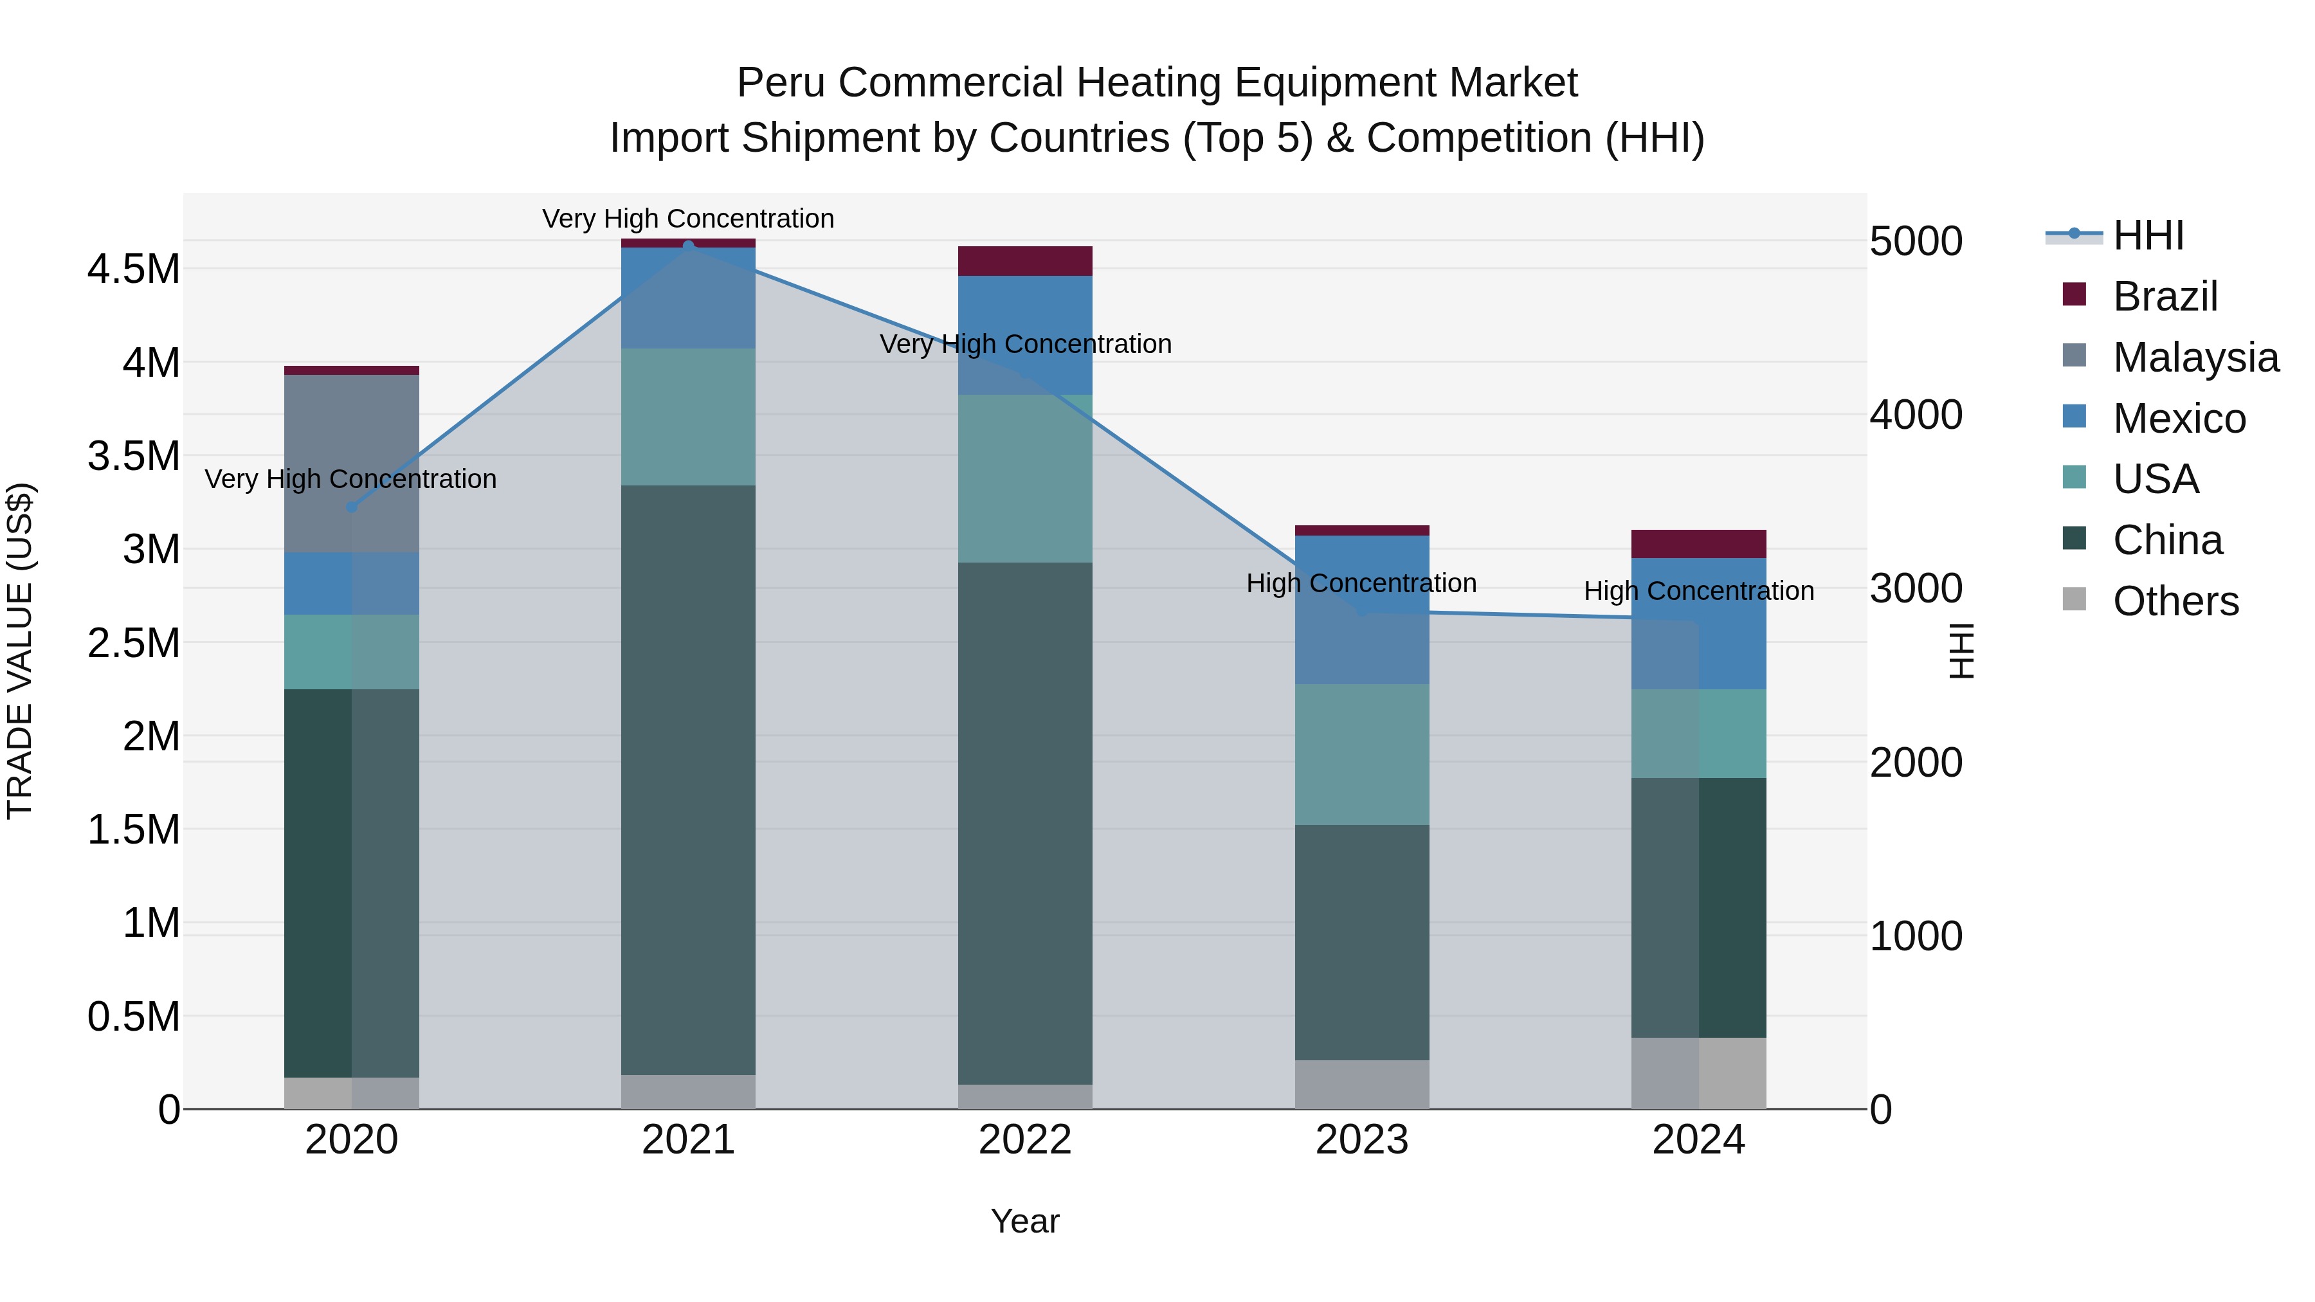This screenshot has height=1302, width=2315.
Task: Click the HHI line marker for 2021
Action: [688, 246]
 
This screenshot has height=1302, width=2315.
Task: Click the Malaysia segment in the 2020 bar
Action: [351, 463]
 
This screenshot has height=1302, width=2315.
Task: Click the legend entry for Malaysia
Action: [2195, 357]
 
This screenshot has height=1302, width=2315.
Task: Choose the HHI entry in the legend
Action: [2148, 235]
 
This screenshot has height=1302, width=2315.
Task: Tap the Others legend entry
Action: [2175, 601]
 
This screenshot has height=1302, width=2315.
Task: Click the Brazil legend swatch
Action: [2074, 294]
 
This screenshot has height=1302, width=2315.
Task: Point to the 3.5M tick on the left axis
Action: [133, 457]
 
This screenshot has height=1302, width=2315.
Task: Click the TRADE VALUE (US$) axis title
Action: [20, 651]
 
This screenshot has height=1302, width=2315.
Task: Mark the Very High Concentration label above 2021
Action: [688, 219]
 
